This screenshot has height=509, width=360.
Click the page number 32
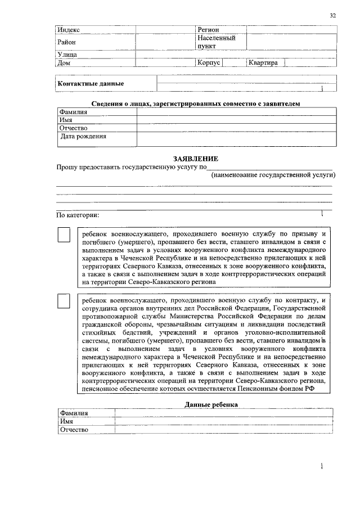pyautogui.click(x=333, y=16)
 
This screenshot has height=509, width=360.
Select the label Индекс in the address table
pyautogui.click(x=69, y=30)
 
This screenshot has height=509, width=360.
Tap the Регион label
pyautogui.click(x=208, y=30)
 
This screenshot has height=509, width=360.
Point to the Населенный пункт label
pyautogui.click(x=216, y=42)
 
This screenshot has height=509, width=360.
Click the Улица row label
pyautogui.click(x=67, y=55)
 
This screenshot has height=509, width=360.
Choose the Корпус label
pyautogui.click(x=208, y=63)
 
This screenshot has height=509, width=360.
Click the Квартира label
pyautogui.click(x=263, y=63)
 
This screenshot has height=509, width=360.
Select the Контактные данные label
pyautogui.click(x=91, y=84)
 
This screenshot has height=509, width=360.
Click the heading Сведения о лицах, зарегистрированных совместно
pyautogui.click(x=196, y=104)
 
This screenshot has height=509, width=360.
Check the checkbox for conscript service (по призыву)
pyautogui.click(x=65, y=235)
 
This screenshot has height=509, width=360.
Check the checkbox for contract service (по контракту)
pyautogui.click(x=65, y=302)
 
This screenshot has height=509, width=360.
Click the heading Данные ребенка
pyautogui.click(x=211, y=404)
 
